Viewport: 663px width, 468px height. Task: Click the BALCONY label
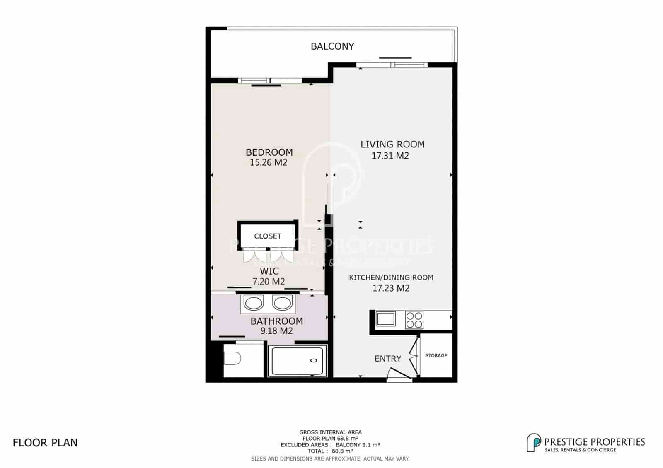tap(332, 46)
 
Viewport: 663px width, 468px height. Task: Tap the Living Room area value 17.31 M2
tap(390, 156)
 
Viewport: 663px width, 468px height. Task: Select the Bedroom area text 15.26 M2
tap(269, 162)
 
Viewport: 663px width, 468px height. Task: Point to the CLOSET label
tap(268, 236)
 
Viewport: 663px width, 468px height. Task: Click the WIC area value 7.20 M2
tap(269, 281)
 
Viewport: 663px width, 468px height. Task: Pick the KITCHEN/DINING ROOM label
tap(391, 277)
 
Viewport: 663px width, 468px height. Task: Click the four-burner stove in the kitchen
tap(414, 320)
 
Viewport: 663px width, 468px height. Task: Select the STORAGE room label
tap(436, 355)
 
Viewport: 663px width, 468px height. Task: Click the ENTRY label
tap(388, 359)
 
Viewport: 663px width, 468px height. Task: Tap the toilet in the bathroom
tap(232, 359)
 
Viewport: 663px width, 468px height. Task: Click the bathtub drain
tap(313, 360)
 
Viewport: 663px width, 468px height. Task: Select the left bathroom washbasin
tap(253, 303)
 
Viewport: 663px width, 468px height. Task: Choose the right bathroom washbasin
tap(282, 303)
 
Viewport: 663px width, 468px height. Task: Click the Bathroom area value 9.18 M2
tap(276, 331)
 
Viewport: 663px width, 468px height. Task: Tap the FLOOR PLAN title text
tap(45, 443)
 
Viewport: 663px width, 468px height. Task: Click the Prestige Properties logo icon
tap(534, 443)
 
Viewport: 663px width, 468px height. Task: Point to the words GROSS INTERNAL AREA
tap(330, 432)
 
